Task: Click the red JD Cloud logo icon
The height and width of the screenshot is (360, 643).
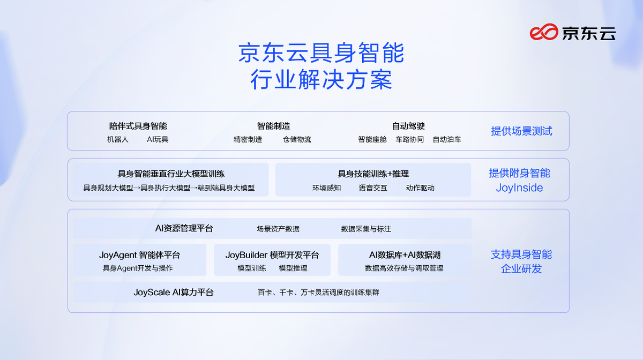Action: tap(544, 32)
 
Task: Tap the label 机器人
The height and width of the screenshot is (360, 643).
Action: tap(118, 139)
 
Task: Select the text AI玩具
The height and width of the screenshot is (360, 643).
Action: tap(158, 139)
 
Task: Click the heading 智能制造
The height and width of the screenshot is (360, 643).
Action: tap(274, 126)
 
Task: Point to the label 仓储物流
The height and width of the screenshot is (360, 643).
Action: tap(297, 139)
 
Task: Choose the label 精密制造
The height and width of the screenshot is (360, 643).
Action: tap(248, 139)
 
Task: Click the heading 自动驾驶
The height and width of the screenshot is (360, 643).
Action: tap(408, 126)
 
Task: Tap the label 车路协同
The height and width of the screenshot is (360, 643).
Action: tap(409, 139)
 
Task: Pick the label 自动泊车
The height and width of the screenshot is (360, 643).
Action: tap(447, 139)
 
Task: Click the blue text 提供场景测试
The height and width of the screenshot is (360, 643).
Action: tap(521, 131)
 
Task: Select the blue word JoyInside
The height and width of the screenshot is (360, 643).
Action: tap(520, 187)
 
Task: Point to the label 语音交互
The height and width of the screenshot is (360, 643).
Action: tap(373, 188)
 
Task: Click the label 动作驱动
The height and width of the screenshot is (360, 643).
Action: tap(420, 188)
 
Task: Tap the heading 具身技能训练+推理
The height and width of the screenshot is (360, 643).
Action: tap(373, 174)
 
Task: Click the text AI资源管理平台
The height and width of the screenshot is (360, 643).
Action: tap(184, 229)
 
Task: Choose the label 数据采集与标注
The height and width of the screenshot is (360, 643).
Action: tap(366, 229)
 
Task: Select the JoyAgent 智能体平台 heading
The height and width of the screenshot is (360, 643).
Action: tap(139, 255)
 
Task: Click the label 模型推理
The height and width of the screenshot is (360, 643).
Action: tap(293, 268)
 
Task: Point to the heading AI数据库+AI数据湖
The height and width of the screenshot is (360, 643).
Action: tap(405, 255)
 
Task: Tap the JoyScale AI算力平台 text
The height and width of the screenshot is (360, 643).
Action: tap(174, 292)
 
